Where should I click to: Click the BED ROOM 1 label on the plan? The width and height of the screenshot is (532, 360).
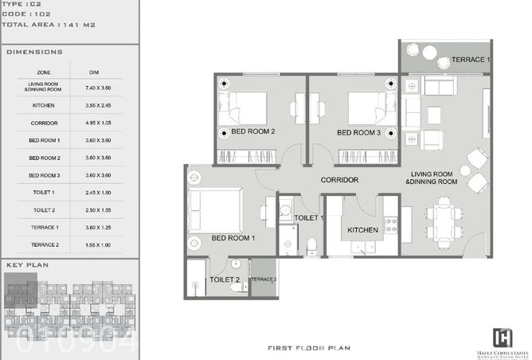(x=233, y=237)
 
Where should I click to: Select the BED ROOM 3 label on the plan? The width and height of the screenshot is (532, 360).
(x=358, y=132)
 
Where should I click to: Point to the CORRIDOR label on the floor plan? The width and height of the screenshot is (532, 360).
(x=339, y=180)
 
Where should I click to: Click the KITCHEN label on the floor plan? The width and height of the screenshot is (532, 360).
(x=363, y=231)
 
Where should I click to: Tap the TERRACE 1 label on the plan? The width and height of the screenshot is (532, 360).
(x=471, y=60)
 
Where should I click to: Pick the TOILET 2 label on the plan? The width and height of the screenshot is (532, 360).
(x=224, y=280)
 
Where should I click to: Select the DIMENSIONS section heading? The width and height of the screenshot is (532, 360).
(x=34, y=52)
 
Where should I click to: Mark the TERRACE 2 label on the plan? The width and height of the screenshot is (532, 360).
(x=264, y=280)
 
